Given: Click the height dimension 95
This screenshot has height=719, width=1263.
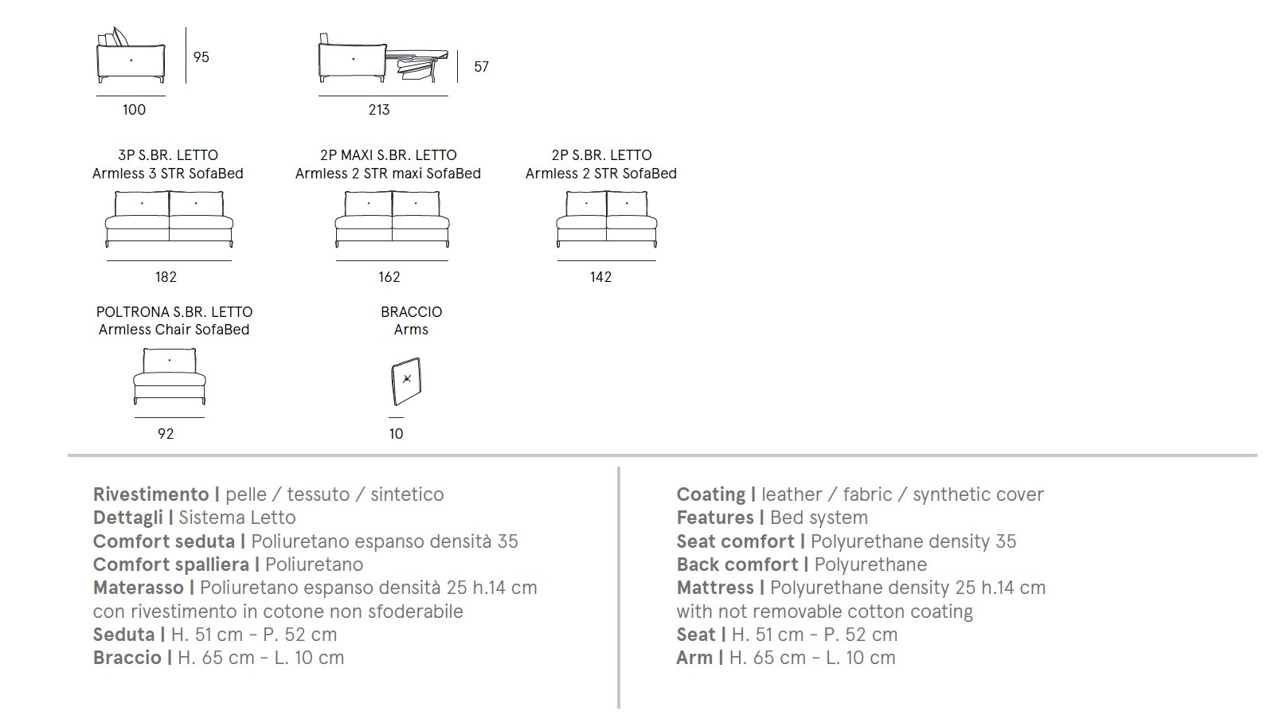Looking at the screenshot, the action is (201, 57).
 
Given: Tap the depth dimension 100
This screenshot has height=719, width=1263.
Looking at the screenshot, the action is (135, 109).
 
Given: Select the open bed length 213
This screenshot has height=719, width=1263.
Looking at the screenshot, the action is (379, 109).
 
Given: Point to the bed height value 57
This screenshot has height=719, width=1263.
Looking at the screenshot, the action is (481, 67).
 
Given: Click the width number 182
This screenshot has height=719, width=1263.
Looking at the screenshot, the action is (166, 277).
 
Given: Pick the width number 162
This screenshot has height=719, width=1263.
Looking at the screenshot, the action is (389, 277).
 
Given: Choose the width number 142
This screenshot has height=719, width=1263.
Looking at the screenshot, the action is (600, 277).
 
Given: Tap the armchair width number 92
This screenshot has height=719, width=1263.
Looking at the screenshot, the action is (166, 434).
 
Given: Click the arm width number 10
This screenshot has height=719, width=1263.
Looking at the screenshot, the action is (396, 434).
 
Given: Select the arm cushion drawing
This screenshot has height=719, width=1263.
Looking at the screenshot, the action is (406, 381).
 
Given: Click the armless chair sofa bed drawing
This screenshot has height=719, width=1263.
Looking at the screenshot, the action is (169, 376).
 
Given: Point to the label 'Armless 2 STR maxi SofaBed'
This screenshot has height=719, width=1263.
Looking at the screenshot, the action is (388, 173).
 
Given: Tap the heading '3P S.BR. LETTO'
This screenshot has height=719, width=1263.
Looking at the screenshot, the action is (168, 155).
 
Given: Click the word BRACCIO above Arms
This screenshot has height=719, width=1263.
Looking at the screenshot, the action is (411, 312).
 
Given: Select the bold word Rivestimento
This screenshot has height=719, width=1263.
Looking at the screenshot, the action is (151, 494).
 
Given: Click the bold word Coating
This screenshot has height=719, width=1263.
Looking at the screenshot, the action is (710, 494).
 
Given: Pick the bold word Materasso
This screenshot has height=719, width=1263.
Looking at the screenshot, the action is (138, 588).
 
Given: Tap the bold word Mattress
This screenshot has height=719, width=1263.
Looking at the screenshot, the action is (715, 588).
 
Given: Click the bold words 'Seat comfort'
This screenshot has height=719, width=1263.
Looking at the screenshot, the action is (735, 541).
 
